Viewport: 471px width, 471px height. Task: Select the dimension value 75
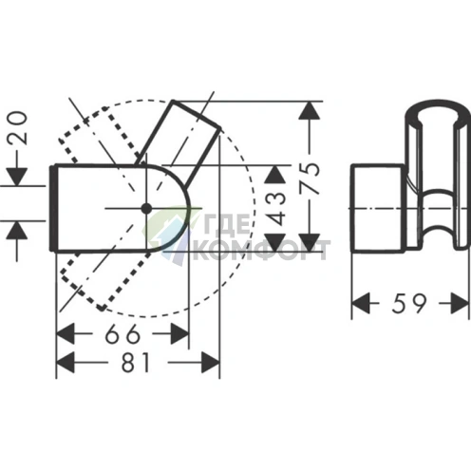[x=310, y=178]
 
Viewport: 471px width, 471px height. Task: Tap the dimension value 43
[x=275, y=209]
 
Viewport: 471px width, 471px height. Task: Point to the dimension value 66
[x=122, y=334]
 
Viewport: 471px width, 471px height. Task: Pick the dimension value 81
[x=136, y=362]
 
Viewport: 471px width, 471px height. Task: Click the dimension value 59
[x=409, y=303]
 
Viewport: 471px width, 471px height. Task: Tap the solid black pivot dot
[x=146, y=209]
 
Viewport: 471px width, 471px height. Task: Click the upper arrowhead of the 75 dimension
[x=310, y=110]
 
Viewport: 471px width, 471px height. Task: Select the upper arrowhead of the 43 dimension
[x=275, y=175]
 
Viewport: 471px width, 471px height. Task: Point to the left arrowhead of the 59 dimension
[x=361, y=303]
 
